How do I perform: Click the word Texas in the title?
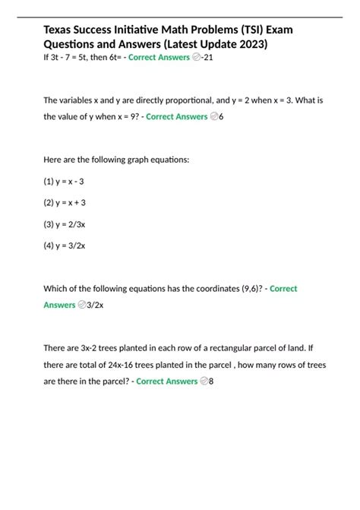(x=62, y=30)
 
